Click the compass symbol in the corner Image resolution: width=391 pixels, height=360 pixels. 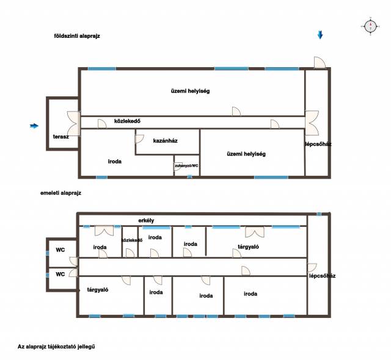(370, 26)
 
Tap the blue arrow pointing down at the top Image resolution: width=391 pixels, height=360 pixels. (320, 35)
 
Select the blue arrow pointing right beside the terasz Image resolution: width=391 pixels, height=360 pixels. (34, 126)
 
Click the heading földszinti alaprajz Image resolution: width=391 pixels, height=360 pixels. (77, 36)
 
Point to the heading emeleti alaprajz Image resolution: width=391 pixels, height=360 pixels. (61, 193)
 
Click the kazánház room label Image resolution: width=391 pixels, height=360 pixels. (166, 141)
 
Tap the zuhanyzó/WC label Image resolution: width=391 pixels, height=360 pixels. (187, 165)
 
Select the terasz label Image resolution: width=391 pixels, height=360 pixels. (61, 137)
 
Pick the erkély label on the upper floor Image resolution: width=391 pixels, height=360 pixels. (146, 220)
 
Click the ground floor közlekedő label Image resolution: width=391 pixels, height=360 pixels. (127, 121)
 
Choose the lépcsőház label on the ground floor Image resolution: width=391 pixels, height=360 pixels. (318, 144)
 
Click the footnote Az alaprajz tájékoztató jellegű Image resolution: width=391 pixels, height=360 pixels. (56, 347)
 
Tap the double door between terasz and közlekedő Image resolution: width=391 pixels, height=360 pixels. (74, 123)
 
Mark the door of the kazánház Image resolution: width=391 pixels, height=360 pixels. (139, 139)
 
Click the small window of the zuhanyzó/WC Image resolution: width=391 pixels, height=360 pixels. (190, 177)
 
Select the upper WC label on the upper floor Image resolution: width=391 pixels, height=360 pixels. (60, 250)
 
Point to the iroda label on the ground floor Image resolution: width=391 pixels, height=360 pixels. (115, 161)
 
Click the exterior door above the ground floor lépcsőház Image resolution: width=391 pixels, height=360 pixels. (320, 62)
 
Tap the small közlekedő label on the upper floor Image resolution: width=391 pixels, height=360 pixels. (132, 240)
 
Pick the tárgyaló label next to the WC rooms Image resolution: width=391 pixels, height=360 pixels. (98, 290)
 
